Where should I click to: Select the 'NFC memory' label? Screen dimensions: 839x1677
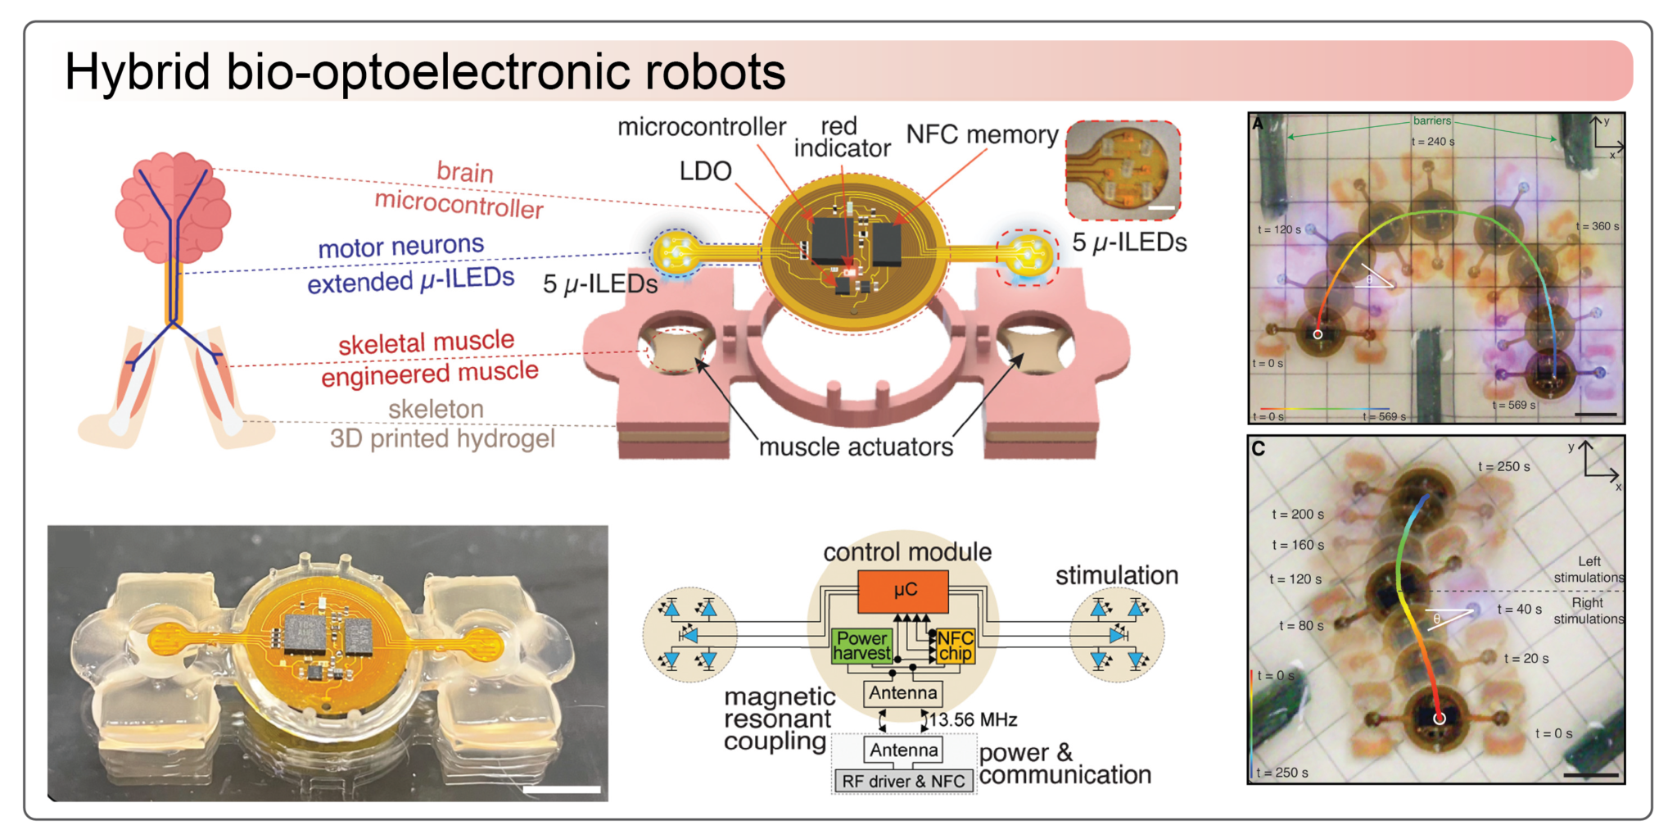(x=982, y=134)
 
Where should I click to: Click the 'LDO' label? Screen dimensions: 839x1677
(x=705, y=171)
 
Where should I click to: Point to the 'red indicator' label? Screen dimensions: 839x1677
(x=841, y=137)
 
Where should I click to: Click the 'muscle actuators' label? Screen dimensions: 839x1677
(x=856, y=447)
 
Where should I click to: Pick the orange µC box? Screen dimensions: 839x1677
(x=903, y=591)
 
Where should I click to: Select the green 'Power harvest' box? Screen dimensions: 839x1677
(x=861, y=646)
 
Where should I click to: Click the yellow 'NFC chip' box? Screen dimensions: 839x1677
(x=956, y=646)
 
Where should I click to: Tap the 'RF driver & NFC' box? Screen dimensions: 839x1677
(x=903, y=782)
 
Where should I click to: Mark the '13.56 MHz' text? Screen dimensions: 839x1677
(x=974, y=720)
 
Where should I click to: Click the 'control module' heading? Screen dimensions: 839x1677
(x=907, y=552)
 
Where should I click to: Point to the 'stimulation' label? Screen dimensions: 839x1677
(x=1116, y=576)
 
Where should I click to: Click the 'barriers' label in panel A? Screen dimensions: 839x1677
(x=1431, y=121)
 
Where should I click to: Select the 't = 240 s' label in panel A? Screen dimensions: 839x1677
(x=1433, y=142)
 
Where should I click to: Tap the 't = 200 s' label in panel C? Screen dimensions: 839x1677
(x=1297, y=515)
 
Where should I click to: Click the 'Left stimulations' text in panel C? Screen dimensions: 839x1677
(x=1589, y=569)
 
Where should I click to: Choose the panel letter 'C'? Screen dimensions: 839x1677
(x=1259, y=449)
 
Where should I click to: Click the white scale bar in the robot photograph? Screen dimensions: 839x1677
(x=561, y=790)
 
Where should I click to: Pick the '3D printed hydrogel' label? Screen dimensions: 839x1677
(x=442, y=439)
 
